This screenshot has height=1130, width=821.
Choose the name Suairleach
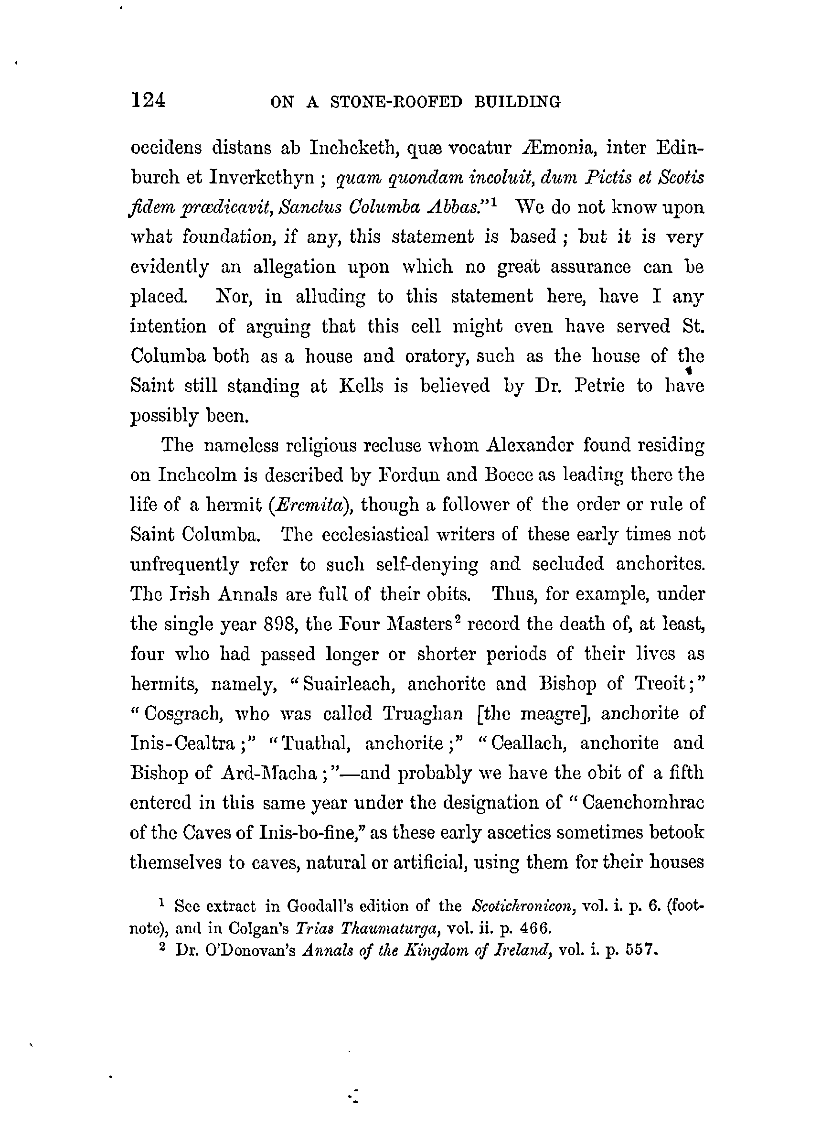pos(348,684)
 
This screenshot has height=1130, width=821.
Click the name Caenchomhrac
pos(643,803)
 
